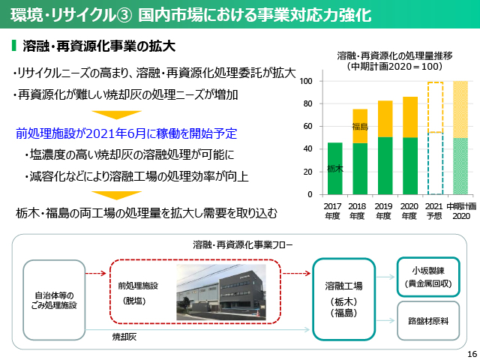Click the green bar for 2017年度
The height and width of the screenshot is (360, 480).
pos(335,168)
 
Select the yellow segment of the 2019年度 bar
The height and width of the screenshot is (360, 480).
pos(385,118)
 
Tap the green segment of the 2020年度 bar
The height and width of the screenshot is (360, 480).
pos(410,166)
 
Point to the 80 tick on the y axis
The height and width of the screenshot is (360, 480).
pos(307,103)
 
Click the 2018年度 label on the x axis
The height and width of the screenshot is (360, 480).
pos(357,211)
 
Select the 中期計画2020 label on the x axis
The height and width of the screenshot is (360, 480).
pos(461,211)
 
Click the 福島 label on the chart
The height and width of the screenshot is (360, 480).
pos(360,126)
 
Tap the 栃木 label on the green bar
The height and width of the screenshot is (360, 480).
pos(335,168)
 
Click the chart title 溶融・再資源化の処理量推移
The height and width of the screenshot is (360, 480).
pos(394,56)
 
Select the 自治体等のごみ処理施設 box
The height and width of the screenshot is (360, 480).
pos(54,300)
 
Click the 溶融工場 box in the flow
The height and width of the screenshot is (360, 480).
pos(343,299)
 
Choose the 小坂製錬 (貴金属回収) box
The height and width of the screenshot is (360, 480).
pos(428,277)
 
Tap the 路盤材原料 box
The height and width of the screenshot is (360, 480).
pos(428,321)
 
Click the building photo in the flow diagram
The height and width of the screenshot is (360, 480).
pos(221,292)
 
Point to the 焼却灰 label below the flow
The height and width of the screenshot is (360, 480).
pos(124,337)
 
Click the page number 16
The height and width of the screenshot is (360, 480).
pos(472,354)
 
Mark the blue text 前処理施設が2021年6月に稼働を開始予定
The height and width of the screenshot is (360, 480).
pos(127,133)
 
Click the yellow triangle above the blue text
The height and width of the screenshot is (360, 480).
pos(117,115)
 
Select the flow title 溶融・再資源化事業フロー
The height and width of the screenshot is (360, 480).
pos(243,245)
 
